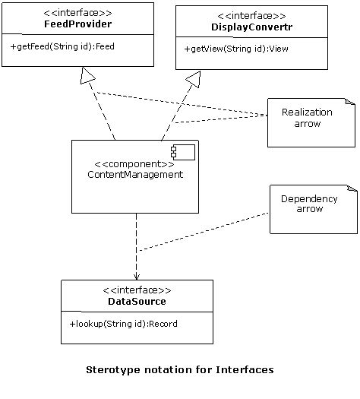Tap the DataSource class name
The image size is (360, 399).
tap(137, 302)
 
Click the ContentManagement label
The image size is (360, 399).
tap(135, 174)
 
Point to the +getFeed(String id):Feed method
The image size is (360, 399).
tap(58, 46)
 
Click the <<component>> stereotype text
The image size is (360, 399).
tap(134, 163)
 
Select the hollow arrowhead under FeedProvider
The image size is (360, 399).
tap(89, 74)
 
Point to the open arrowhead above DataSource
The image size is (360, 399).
tap(137, 275)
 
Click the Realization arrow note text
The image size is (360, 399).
tap(307, 117)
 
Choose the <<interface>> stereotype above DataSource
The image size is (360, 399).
tap(137, 290)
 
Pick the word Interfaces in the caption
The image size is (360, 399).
tap(245, 370)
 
